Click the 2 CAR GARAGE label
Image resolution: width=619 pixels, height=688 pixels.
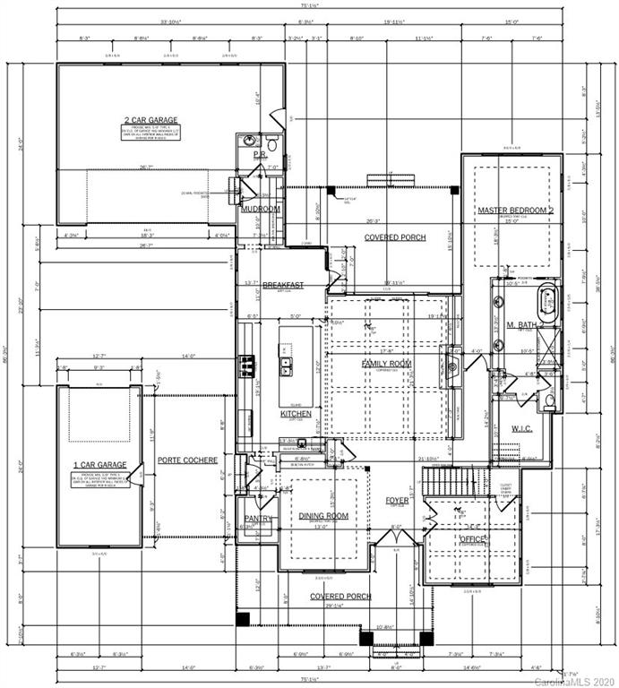point(150,119)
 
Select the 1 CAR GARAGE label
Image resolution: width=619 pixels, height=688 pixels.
point(99,465)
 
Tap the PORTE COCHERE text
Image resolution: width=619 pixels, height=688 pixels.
point(187,460)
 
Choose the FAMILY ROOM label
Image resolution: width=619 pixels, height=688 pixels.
point(385,363)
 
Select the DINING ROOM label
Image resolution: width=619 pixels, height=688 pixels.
point(323,516)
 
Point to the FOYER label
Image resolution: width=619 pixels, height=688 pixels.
point(397,500)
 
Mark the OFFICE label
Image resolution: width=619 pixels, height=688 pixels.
point(472,538)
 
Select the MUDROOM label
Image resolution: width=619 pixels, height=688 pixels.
point(261,209)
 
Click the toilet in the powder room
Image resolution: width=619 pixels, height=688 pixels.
point(271,142)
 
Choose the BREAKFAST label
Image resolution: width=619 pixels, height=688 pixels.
point(283,285)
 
